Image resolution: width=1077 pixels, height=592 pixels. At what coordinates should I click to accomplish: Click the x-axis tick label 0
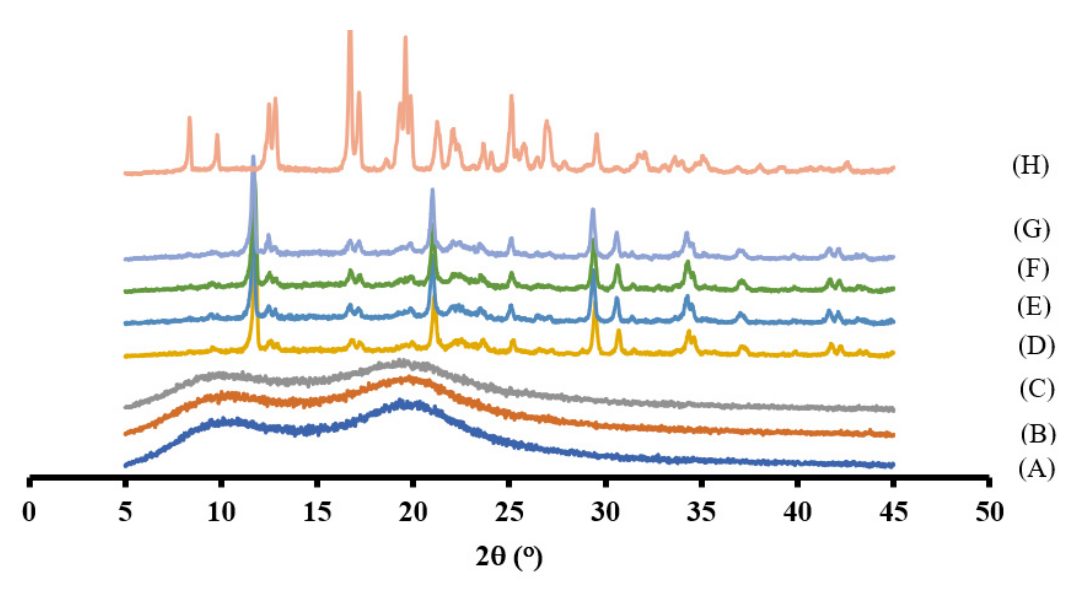pyautogui.click(x=29, y=512)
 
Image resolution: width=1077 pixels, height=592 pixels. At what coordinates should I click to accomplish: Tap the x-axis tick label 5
pyautogui.click(x=125, y=512)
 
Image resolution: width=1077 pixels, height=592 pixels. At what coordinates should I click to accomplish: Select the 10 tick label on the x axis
pyautogui.click(x=221, y=512)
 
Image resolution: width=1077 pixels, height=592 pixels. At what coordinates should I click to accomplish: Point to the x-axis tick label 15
pyautogui.click(x=317, y=512)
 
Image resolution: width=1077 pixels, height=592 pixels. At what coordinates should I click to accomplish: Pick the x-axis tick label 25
pyautogui.click(x=509, y=512)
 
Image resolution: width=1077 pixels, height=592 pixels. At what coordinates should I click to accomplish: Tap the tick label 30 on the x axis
pyautogui.click(x=605, y=512)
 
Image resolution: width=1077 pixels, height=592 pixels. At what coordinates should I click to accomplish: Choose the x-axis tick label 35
pyautogui.click(x=701, y=512)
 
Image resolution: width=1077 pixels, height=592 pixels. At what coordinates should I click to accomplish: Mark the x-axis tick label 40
pyautogui.click(x=797, y=512)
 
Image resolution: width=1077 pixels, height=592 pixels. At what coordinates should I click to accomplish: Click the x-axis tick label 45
pyautogui.click(x=894, y=512)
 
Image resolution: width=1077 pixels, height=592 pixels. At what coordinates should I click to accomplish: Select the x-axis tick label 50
pyautogui.click(x=989, y=512)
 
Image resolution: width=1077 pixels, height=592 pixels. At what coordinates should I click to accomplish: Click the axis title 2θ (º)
pyautogui.click(x=509, y=557)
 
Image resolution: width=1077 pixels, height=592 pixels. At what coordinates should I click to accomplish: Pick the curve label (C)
pyautogui.click(x=1037, y=389)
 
